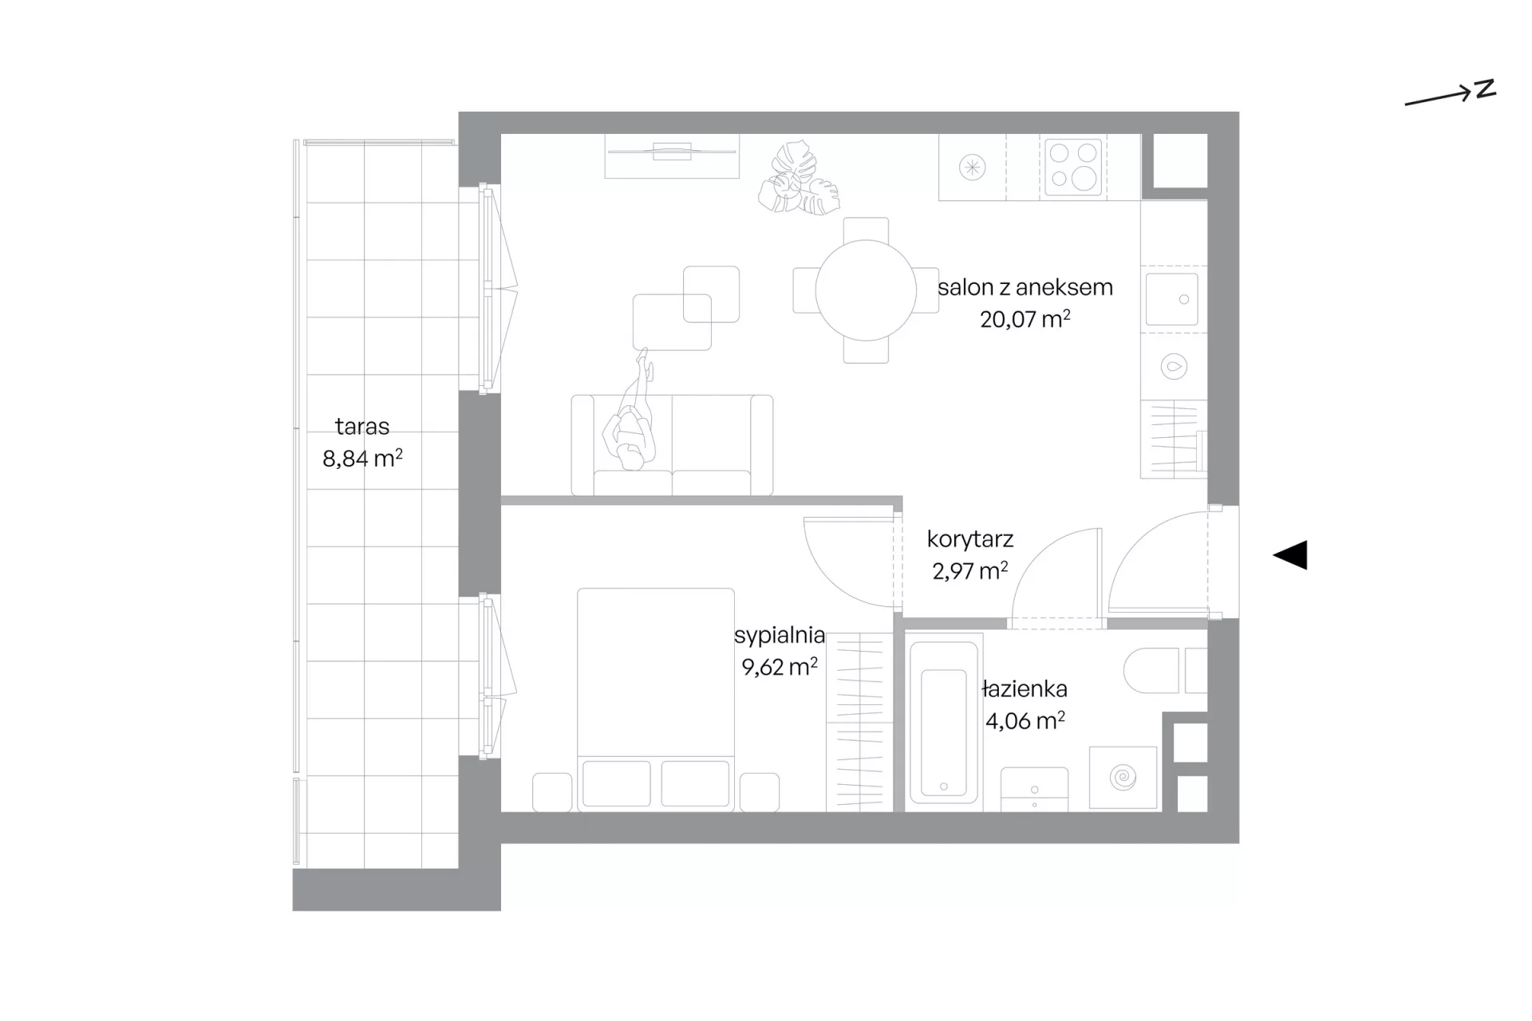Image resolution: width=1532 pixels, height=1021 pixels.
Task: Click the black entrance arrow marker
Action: click(x=1290, y=555)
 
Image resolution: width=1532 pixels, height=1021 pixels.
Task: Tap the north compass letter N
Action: click(x=1485, y=89)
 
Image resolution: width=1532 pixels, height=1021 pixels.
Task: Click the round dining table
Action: click(x=866, y=290)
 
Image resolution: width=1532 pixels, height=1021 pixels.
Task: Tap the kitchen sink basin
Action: click(x=1172, y=299)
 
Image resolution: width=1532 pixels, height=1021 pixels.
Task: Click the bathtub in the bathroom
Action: click(x=944, y=719)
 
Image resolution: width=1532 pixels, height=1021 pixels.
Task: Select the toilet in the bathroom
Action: click(x=1164, y=670)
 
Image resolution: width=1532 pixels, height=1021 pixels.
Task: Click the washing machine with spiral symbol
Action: click(x=1123, y=778)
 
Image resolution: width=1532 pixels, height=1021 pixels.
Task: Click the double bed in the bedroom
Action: click(x=656, y=700)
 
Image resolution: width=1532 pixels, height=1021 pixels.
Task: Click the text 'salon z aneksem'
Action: click(x=1025, y=287)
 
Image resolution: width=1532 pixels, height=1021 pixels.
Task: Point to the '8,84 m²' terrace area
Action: click(x=362, y=458)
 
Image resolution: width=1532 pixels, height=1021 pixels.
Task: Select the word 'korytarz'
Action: click(x=970, y=539)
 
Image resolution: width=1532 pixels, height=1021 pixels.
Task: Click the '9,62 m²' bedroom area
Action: click(x=780, y=666)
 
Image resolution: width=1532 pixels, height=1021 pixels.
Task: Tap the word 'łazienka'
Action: click(x=1025, y=688)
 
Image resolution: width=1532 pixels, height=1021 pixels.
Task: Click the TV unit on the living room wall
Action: click(x=672, y=156)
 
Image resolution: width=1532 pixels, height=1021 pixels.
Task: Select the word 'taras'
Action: click(x=362, y=426)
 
